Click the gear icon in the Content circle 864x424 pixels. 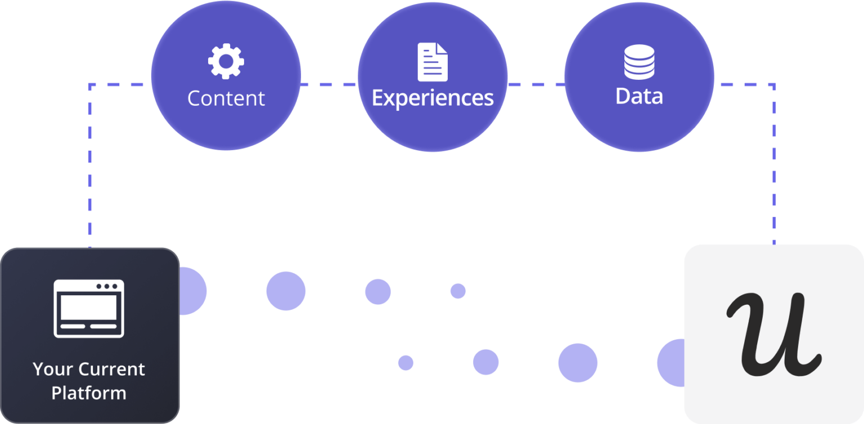pos(226,61)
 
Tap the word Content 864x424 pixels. pos(226,98)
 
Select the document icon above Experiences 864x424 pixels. pos(433,62)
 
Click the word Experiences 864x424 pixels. pos(433,98)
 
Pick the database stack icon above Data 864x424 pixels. pos(640,62)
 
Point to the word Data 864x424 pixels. pos(640,97)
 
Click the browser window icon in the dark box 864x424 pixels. pos(89,308)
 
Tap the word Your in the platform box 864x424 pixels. pos(52,369)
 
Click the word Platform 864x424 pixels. pos(89,393)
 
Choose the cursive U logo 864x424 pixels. pos(773,334)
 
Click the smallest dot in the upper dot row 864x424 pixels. pos(458,291)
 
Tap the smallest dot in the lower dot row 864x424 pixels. pos(406,363)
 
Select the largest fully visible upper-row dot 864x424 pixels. pos(286,291)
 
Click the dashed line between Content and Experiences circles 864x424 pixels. pos(329,85)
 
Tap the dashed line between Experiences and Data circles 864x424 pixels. pos(536,85)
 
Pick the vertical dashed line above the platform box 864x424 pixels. pos(90,169)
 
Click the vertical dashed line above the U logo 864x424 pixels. pos(774,169)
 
